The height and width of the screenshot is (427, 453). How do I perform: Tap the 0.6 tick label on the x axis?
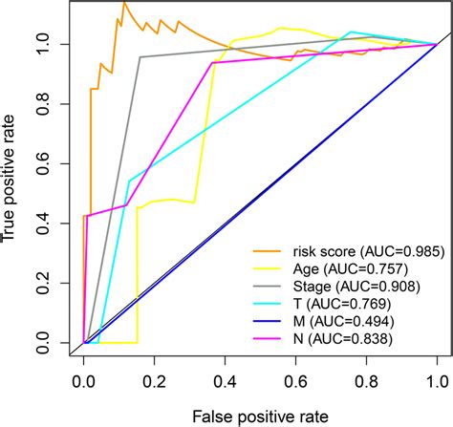296,380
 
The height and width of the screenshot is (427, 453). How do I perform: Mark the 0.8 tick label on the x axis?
367,380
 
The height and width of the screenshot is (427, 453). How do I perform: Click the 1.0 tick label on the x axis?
437,380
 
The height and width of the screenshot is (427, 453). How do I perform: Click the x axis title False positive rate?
261,415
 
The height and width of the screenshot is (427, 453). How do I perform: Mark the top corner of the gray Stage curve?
140,57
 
